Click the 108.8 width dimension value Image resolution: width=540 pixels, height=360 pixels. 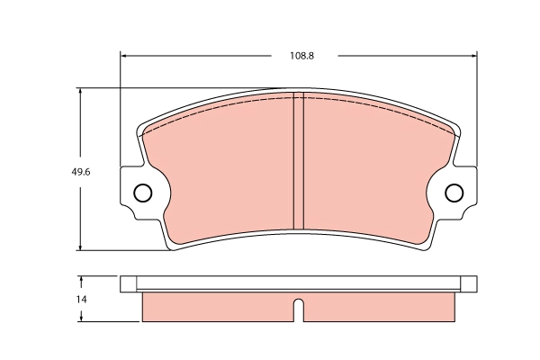click(x=301, y=56)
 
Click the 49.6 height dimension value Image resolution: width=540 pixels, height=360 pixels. click(x=81, y=172)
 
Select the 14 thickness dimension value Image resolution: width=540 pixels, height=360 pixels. click(x=81, y=300)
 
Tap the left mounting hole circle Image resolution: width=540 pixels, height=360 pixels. click(x=142, y=193)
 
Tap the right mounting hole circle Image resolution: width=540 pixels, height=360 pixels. click(x=454, y=193)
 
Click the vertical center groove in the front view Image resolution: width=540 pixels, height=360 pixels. click(x=298, y=160)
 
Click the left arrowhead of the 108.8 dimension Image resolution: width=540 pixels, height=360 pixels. click(x=124, y=56)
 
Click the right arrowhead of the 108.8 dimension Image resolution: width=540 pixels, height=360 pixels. click(x=473, y=56)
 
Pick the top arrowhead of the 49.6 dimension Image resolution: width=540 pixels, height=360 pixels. click(x=81, y=92)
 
